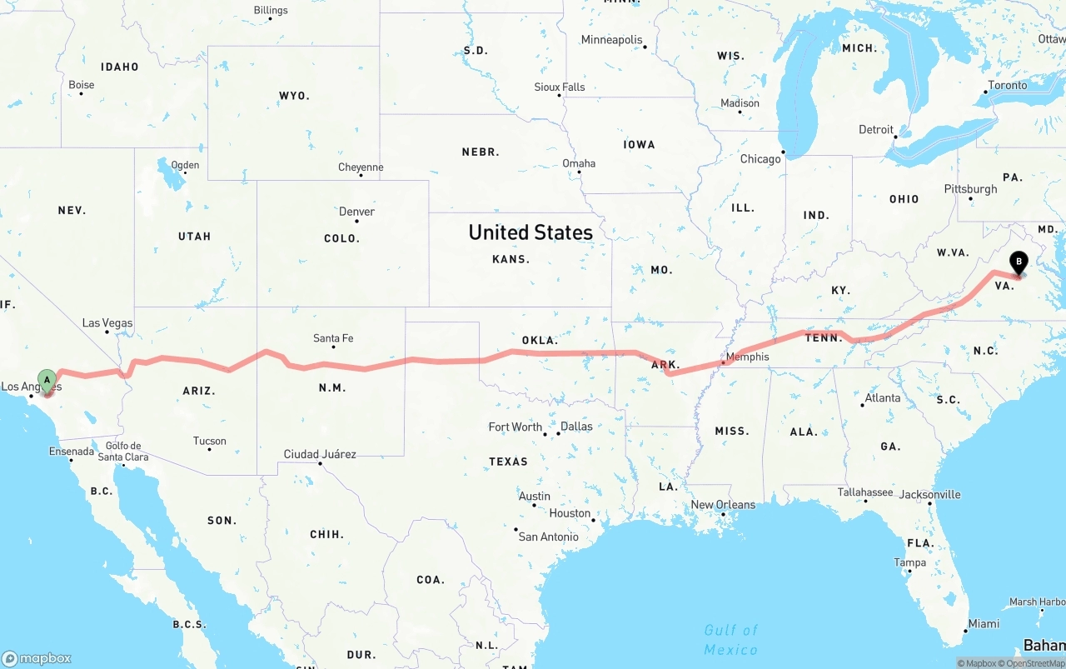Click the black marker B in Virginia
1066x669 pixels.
click(1018, 263)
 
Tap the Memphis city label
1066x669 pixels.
click(748, 357)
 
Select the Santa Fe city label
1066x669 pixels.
click(333, 337)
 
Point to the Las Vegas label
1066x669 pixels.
click(107, 322)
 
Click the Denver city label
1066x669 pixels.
click(356, 212)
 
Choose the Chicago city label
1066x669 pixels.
click(760, 159)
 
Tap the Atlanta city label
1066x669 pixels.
click(882, 398)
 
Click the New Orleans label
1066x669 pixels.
click(723, 504)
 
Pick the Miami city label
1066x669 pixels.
click(984, 624)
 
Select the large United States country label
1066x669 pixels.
click(531, 232)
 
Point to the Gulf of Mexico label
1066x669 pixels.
click(731, 640)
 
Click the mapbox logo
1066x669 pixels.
click(37, 658)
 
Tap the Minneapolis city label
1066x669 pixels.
click(612, 40)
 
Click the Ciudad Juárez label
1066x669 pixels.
click(320, 454)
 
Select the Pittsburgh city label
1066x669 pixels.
click(970, 189)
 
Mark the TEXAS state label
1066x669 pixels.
click(508, 462)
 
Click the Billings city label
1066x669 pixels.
click(271, 10)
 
